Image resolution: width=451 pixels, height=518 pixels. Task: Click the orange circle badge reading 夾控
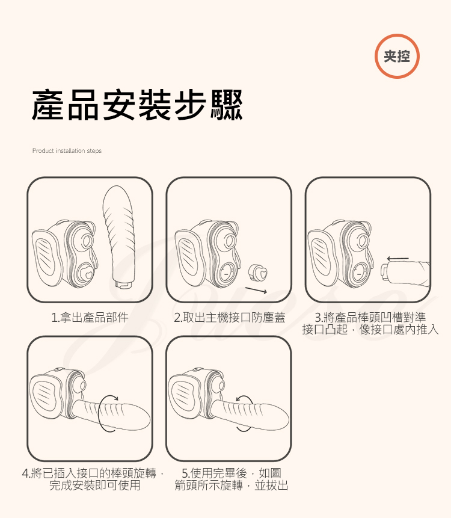(x=397, y=56)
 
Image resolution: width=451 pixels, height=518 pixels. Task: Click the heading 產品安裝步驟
(x=137, y=105)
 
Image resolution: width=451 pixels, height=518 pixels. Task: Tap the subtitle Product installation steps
(x=67, y=150)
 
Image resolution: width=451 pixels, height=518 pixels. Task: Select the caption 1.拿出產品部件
(x=90, y=318)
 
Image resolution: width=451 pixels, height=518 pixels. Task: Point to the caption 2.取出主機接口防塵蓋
(x=230, y=318)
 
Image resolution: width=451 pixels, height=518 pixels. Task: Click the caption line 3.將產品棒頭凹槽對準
(x=370, y=318)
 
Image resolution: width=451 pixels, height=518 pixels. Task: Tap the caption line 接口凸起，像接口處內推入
(x=370, y=329)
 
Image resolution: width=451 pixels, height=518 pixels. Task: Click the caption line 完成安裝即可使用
(x=95, y=486)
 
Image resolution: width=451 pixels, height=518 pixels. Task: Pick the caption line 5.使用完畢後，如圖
(x=232, y=473)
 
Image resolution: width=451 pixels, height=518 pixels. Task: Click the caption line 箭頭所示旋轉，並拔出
(x=232, y=486)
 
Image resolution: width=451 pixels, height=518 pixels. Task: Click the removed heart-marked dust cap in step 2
(x=258, y=273)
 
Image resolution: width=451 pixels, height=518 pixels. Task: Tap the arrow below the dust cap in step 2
(x=256, y=290)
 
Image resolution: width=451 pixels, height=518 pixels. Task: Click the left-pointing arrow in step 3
(x=398, y=259)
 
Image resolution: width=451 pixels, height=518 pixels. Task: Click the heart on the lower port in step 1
(x=88, y=274)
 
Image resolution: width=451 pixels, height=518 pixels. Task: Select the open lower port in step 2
(x=227, y=274)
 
